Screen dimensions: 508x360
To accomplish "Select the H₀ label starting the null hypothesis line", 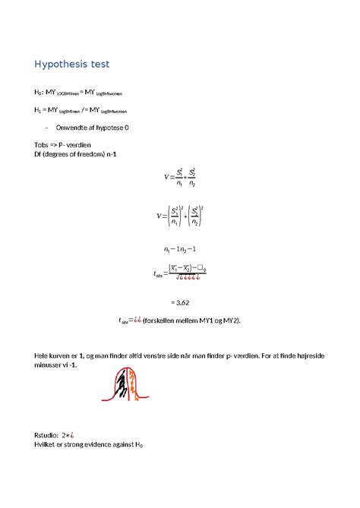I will [39, 92].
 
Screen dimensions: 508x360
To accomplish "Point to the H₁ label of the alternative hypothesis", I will [39, 109].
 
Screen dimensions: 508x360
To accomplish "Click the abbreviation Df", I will [39, 155].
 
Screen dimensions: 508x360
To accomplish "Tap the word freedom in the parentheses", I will [93, 155].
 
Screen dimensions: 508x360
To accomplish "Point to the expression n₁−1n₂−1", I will [180, 249].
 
